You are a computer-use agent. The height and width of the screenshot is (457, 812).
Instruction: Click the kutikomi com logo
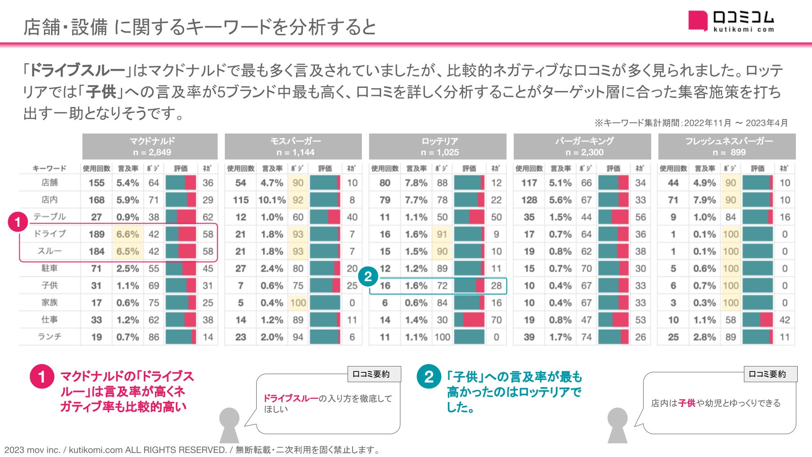pos(731,21)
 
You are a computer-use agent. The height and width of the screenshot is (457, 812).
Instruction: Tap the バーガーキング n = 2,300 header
pos(582,146)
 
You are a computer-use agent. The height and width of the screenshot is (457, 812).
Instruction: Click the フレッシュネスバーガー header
pos(727,146)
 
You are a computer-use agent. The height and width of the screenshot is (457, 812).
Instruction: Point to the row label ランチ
pos(49,337)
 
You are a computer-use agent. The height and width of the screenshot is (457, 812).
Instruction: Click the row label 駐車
pos(49,268)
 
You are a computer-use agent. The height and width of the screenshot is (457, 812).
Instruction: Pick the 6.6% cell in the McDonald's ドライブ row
pos(128,234)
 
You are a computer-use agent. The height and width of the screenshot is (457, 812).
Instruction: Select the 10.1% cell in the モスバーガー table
pos(272,200)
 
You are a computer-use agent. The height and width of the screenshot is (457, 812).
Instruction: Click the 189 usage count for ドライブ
pos(96,234)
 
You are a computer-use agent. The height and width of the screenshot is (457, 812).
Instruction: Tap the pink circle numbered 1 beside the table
pos(18,222)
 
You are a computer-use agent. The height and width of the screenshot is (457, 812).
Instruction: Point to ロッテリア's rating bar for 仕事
pos(469,320)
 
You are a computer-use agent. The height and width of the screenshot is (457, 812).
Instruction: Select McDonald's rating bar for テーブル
pos(180,217)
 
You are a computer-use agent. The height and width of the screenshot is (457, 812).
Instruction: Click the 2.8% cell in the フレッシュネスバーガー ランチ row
pos(705,337)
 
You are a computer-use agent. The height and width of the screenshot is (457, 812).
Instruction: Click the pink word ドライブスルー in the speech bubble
pos(291,398)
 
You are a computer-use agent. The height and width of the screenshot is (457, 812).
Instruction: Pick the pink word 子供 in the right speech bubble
pos(687,403)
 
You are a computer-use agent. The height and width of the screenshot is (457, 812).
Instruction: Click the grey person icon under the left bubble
pos(229,425)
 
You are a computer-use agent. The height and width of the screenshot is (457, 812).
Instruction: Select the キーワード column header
pos(49,168)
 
